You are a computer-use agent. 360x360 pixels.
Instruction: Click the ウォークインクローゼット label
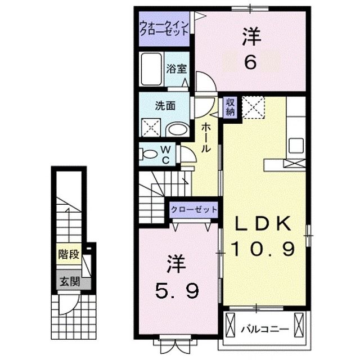click(x=165, y=29)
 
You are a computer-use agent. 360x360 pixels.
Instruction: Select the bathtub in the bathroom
click(x=151, y=70)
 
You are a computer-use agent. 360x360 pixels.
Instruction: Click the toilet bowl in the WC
click(x=149, y=153)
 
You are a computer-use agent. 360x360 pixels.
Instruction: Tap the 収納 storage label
click(x=229, y=106)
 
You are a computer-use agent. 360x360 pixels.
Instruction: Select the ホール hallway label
click(x=206, y=138)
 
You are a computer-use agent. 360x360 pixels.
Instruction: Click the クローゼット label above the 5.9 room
click(x=194, y=209)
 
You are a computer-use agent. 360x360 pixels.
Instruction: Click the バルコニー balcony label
click(x=264, y=328)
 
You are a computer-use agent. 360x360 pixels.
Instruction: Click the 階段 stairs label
click(x=67, y=255)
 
